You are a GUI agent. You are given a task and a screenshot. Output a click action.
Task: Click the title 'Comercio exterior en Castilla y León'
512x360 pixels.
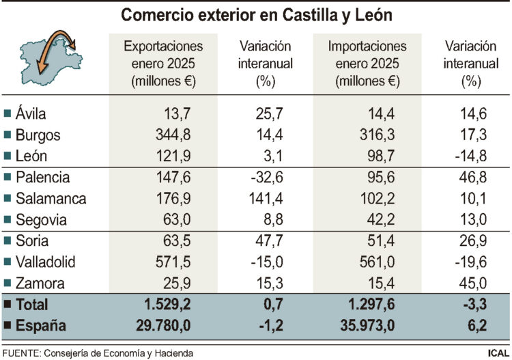click(256, 15)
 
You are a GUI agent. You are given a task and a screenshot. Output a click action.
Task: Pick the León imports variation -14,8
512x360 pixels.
click(467, 156)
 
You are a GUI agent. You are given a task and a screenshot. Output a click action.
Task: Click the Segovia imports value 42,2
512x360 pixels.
click(385, 220)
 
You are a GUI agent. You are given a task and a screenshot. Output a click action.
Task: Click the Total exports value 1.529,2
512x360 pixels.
click(168, 305)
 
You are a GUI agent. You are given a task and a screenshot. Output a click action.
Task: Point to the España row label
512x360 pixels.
click(40, 327)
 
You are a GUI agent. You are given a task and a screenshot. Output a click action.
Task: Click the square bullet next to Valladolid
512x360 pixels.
click(8, 262)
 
